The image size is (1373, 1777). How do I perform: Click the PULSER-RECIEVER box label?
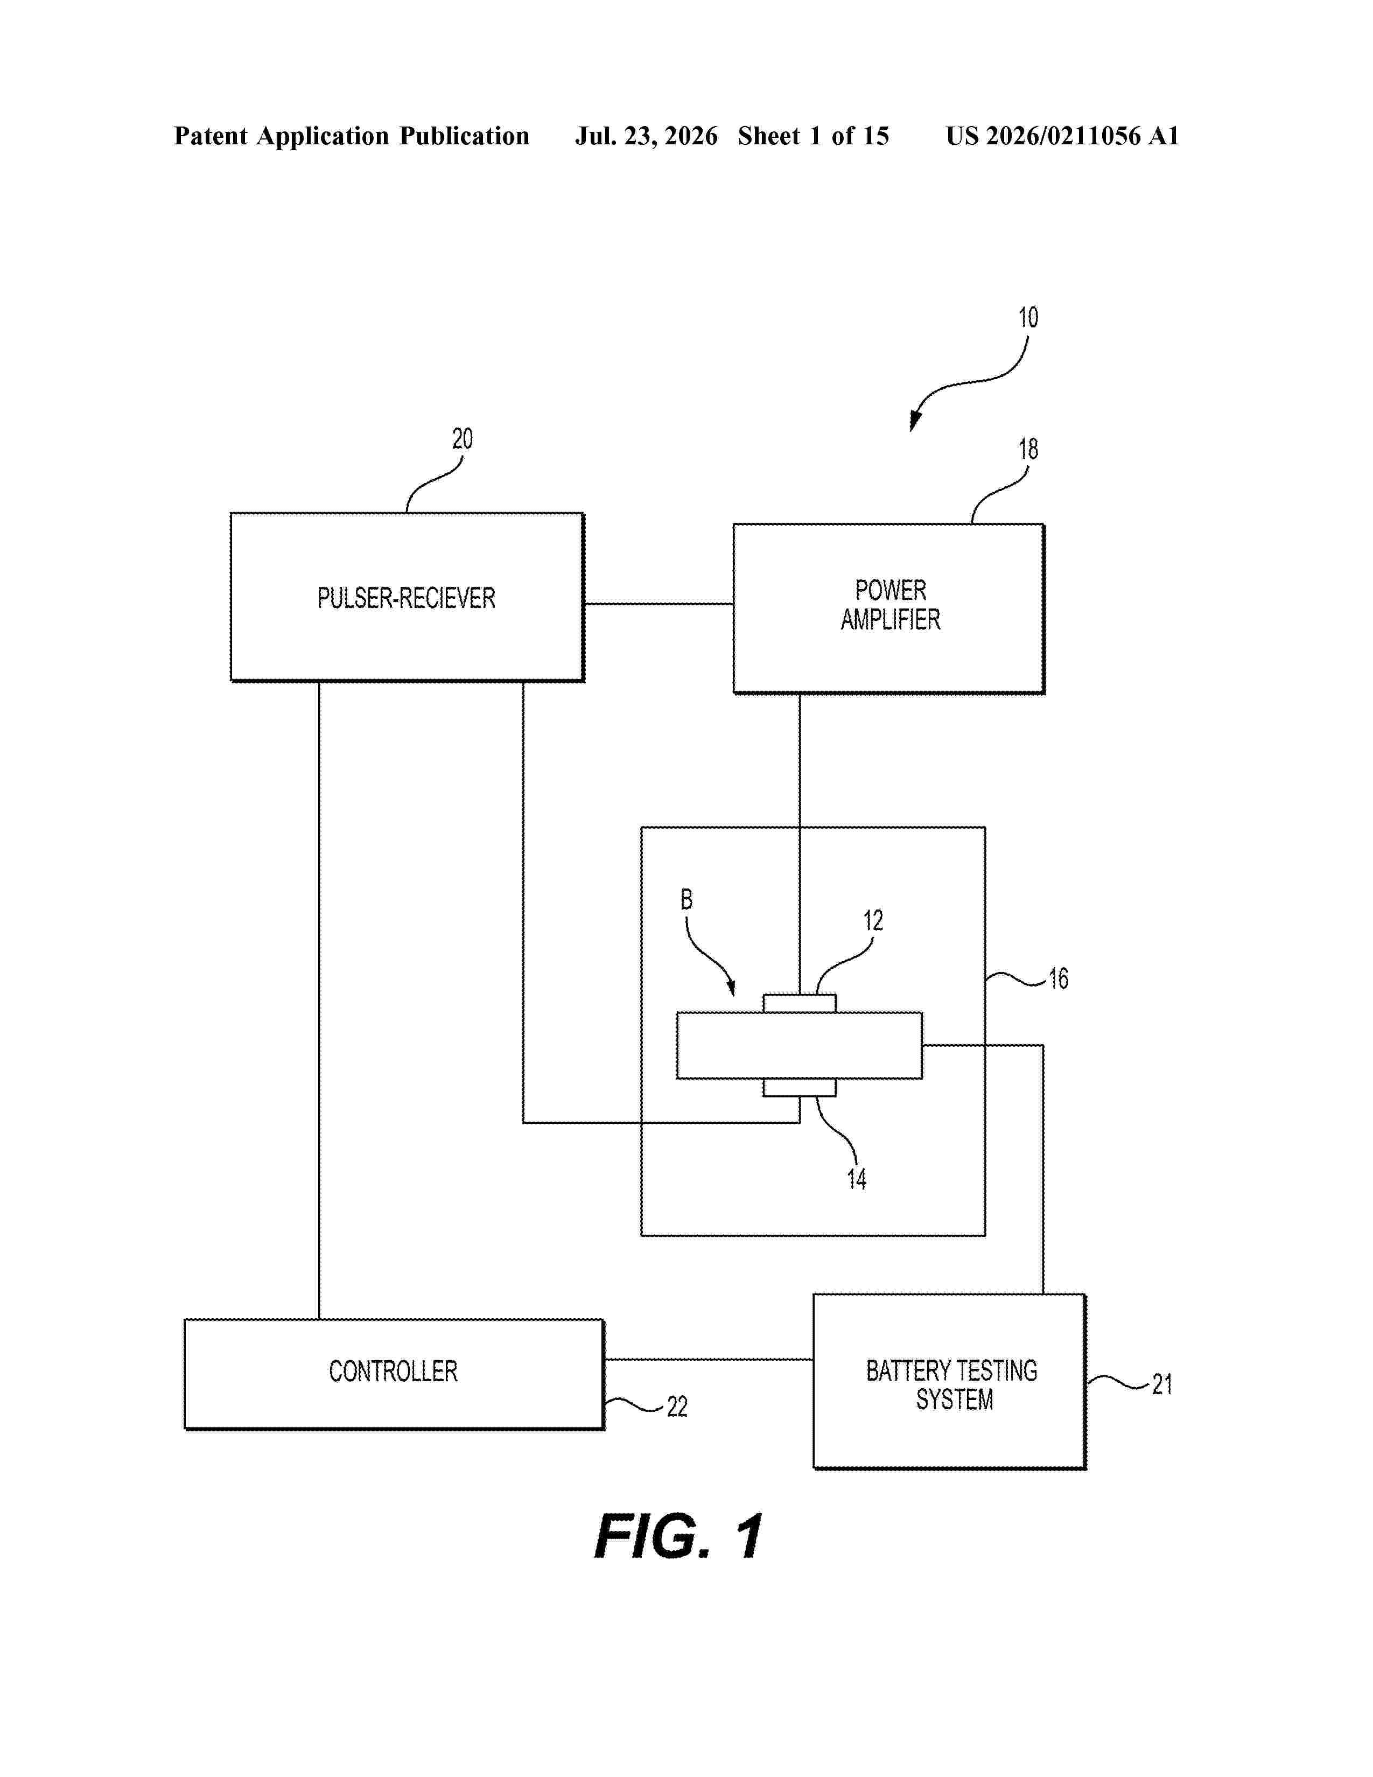point(406,599)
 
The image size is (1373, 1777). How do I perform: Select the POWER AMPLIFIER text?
point(891,605)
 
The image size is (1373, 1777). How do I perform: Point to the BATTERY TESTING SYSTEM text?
point(951,1385)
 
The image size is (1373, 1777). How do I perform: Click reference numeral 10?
point(1028,317)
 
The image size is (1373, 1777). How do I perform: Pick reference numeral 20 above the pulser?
point(462,439)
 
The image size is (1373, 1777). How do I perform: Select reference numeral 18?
point(1028,449)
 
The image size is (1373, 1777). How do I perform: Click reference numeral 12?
point(873,920)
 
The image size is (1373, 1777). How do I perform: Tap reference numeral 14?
point(857,1179)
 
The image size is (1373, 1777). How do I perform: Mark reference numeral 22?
point(677,1406)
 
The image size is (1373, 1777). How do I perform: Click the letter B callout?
point(686,899)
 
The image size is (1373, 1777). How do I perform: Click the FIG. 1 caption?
point(678,1537)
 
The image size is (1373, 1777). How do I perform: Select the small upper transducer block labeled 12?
point(800,1003)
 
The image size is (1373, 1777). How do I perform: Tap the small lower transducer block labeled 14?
point(800,1088)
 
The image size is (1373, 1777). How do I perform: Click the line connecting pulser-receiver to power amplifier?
point(659,604)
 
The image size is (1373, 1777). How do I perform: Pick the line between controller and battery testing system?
point(709,1359)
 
